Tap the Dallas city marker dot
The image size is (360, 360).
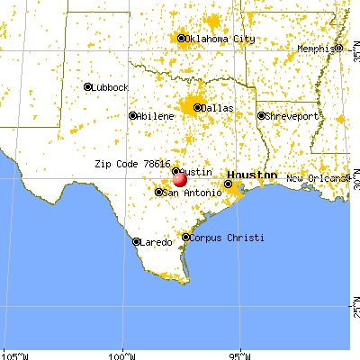pos(197,107)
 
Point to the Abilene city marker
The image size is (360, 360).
pos(132,115)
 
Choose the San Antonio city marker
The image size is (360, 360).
pos(159,192)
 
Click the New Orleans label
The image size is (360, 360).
pos(317,179)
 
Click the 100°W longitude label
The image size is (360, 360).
pos(121,354)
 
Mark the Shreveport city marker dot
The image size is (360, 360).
pos(260,116)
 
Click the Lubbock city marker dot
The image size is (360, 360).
pos(88,87)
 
